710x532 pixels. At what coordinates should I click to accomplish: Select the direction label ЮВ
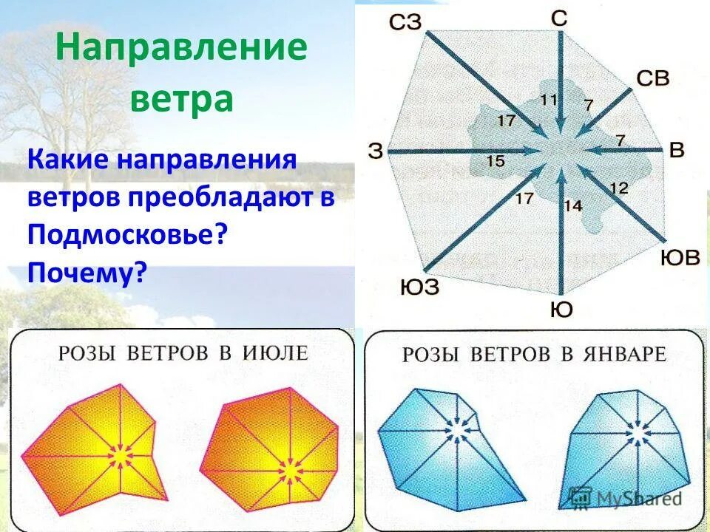pyautogui.click(x=680, y=258)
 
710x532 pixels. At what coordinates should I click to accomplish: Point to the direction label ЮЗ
pyautogui.click(x=419, y=286)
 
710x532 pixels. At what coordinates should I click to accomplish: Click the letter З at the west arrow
pyautogui.click(x=376, y=151)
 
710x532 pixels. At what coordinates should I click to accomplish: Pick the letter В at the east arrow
pyautogui.click(x=677, y=150)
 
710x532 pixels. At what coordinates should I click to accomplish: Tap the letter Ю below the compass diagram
pyautogui.click(x=561, y=310)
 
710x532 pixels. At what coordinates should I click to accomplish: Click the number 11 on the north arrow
pyautogui.click(x=548, y=99)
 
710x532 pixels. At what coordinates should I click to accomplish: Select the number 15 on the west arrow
pyautogui.click(x=496, y=161)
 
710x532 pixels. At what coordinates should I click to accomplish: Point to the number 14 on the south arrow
pyautogui.click(x=573, y=206)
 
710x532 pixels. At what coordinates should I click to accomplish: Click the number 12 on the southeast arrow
pyautogui.click(x=618, y=188)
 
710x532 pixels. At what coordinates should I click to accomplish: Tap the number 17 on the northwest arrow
pyautogui.click(x=506, y=119)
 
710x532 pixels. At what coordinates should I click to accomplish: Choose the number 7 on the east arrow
pyautogui.click(x=620, y=140)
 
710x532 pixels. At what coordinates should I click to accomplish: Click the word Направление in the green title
pyautogui.click(x=182, y=48)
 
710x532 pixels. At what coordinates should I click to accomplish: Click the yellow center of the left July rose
pyautogui.click(x=121, y=457)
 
